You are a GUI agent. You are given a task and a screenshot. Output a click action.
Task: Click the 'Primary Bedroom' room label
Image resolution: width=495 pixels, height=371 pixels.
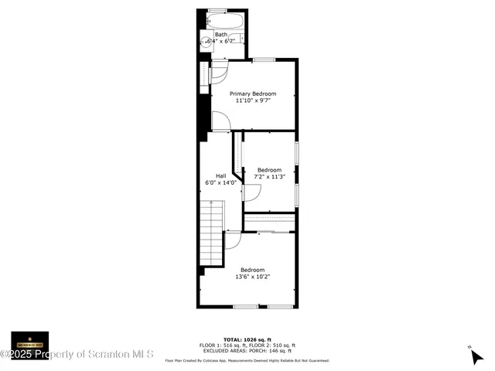[x=252, y=94]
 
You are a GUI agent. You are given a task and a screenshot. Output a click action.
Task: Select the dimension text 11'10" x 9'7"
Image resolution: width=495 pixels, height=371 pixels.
[x=252, y=100]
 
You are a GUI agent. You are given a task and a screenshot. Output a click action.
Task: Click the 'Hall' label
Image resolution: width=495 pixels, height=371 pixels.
[x=220, y=175]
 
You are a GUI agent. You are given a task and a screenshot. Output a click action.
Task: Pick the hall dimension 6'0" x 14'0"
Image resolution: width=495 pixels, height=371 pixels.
[x=220, y=182]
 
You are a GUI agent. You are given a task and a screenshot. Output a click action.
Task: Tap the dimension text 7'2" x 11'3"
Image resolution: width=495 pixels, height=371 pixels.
[x=269, y=177]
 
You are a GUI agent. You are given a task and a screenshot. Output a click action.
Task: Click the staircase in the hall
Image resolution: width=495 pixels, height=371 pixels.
[x=211, y=232]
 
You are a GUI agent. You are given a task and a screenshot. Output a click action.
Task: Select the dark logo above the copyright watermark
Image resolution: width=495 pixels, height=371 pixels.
[x=29, y=340]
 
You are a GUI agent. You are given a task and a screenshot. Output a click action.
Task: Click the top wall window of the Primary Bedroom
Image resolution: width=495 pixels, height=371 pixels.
[x=265, y=60]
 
